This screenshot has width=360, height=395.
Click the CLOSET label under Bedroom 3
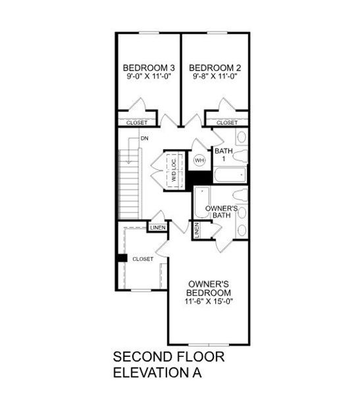click(137, 123)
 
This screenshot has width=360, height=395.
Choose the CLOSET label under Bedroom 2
click(227, 123)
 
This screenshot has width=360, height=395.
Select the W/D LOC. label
click(174, 170)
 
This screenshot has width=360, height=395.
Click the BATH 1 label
click(224, 155)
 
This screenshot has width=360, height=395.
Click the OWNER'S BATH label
click(221, 212)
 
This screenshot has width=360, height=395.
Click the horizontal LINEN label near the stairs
click(158, 228)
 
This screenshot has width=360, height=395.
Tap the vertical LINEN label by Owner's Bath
click(197, 230)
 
